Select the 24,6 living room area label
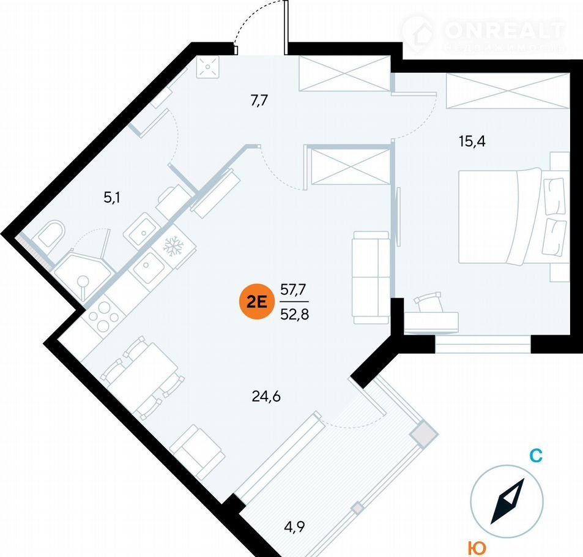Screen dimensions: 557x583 [x=266, y=397]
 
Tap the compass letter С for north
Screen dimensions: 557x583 [x=535, y=456]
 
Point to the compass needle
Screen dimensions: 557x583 [x=508, y=501]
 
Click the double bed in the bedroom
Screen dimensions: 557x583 [x=511, y=217]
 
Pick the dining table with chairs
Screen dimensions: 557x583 [x=143, y=373]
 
